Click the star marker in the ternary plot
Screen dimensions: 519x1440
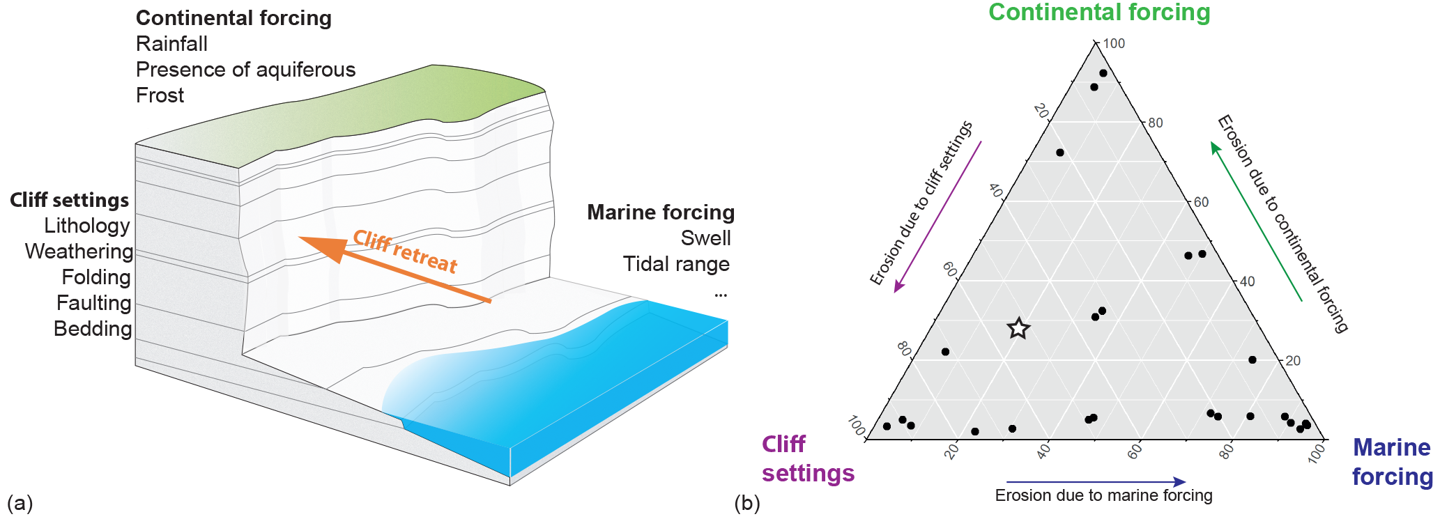[1018, 328]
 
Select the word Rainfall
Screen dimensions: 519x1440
[171, 44]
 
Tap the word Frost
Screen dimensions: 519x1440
[160, 95]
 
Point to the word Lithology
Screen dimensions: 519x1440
[87, 226]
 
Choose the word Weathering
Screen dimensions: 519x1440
[79, 251]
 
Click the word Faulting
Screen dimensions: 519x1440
[93, 303]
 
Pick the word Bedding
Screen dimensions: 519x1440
[93, 329]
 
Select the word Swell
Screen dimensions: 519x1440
[705, 238]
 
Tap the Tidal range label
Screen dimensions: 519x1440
[676, 264]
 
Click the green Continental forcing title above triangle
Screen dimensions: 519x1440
[1099, 13]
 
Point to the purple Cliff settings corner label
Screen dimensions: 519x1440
[807, 458]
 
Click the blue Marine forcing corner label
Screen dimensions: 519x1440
[1392, 461]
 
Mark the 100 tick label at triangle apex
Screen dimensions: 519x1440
[1114, 43]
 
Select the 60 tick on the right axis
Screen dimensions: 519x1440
[1201, 202]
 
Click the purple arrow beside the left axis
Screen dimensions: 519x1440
[937, 217]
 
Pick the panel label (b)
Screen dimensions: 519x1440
[746, 502]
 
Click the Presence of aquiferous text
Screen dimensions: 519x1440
[245, 70]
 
